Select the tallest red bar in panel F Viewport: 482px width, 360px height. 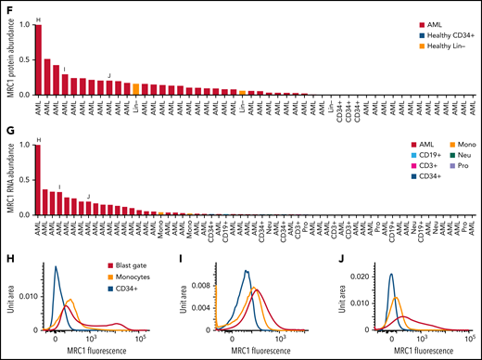pos(38,59)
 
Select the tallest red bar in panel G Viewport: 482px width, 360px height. pos(38,179)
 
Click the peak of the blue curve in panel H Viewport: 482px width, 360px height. pos(57,267)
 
